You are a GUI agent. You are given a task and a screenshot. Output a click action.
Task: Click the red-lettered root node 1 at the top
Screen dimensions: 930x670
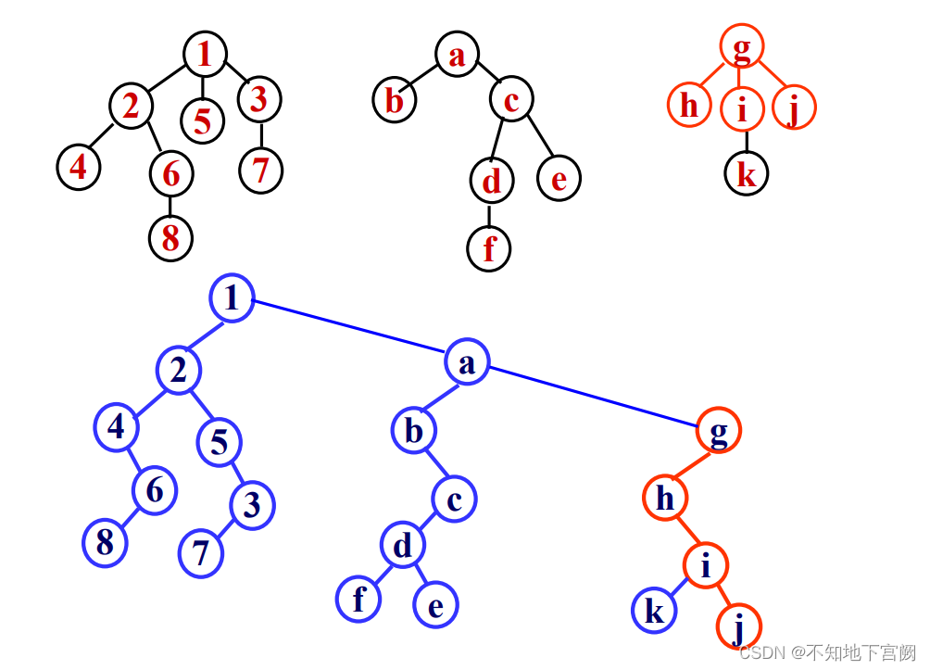pos(205,54)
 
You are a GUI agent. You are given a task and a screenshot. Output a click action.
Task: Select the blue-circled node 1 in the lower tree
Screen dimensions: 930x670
pos(232,298)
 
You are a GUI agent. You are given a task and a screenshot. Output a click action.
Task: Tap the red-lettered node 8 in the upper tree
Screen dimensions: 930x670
pos(170,237)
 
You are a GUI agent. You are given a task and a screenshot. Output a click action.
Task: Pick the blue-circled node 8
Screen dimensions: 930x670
pos(105,542)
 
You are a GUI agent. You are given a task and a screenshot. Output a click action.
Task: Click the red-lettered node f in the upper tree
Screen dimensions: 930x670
pos(488,248)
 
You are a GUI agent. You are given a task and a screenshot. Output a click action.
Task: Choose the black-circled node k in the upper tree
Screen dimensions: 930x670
pos(746,173)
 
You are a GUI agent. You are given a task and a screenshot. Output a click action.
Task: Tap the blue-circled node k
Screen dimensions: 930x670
pos(654,612)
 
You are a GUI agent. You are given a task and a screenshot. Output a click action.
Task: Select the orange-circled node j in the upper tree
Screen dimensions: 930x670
pos(794,107)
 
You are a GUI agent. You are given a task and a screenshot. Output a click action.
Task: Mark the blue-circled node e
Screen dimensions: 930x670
pos(435,606)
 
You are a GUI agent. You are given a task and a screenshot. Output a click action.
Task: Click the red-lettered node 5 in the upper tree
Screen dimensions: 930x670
pos(203,120)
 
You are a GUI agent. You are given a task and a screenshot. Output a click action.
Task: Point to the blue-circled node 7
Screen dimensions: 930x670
pos(201,553)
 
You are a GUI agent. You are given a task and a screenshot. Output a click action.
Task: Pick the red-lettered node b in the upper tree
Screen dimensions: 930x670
pos(395,99)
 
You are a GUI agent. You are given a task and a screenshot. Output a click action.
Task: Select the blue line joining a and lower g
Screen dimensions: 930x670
pos(593,398)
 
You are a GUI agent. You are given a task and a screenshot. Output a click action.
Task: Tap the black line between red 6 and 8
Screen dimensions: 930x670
pos(170,205)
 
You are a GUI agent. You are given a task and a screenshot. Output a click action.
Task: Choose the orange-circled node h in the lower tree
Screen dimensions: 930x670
pos(665,499)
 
